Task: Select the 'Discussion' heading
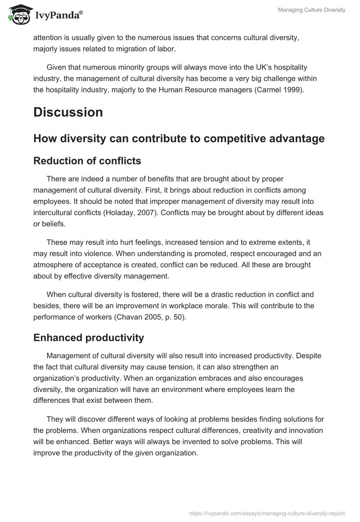coord(68,112)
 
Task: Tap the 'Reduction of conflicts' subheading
coord(87,161)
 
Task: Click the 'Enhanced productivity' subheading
coord(89,337)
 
